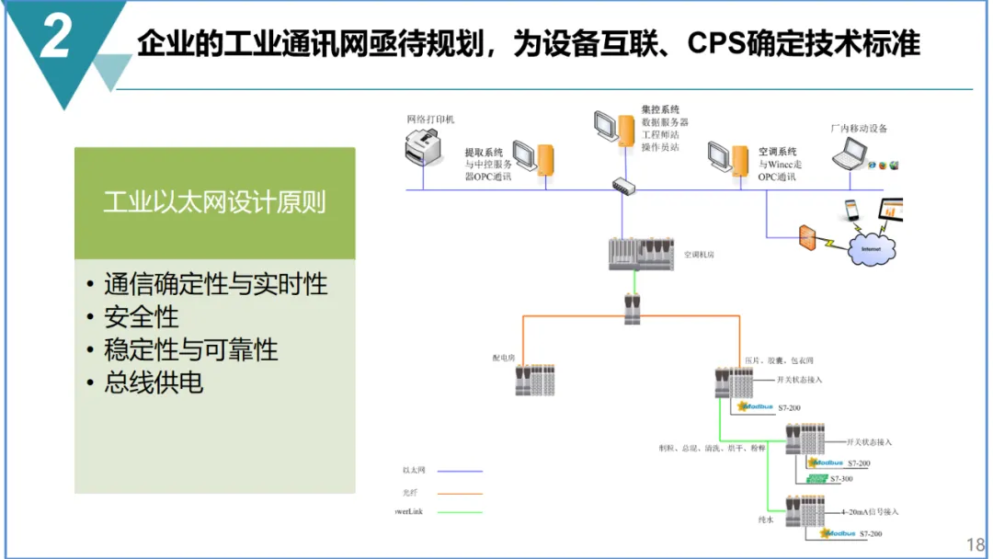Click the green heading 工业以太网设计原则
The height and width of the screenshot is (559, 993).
[x=214, y=203]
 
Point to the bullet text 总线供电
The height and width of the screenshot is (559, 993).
[x=153, y=382]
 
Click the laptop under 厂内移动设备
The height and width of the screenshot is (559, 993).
[x=850, y=156]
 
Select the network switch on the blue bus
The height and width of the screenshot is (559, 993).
[x=624, y=186]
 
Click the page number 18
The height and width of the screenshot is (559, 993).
[x=976, y=543]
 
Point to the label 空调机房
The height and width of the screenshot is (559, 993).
[x=698, y=255]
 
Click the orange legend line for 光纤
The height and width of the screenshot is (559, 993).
[x=460, y=492]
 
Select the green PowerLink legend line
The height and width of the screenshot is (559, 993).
[x=460, y=512]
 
